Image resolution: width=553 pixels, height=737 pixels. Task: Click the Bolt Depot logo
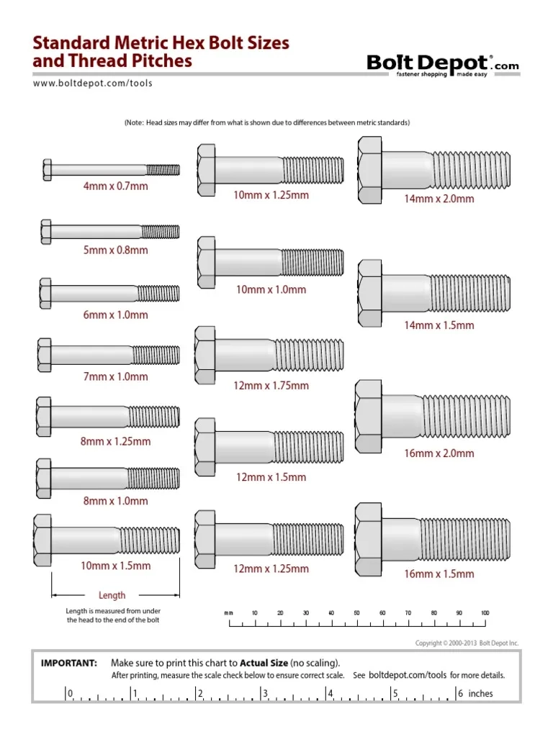442,65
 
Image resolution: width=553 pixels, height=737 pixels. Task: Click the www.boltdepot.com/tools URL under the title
93,83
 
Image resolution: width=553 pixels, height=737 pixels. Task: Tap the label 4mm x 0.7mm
115,186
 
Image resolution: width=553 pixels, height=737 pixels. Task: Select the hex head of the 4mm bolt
48,171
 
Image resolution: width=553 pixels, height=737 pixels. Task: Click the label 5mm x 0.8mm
115,250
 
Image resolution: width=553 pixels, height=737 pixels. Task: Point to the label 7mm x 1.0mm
115,376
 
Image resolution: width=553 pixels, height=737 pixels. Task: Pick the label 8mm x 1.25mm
115,441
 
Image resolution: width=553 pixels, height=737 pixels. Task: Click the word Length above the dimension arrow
112,595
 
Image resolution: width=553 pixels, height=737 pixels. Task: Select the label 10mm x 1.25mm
271,195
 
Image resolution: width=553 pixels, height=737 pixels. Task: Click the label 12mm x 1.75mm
271,386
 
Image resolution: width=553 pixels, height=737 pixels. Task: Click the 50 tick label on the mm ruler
356,612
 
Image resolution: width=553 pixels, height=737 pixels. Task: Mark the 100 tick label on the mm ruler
485,612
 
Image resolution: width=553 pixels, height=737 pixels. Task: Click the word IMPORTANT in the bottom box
69,662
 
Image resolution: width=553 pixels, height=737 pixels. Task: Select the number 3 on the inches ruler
266,694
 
